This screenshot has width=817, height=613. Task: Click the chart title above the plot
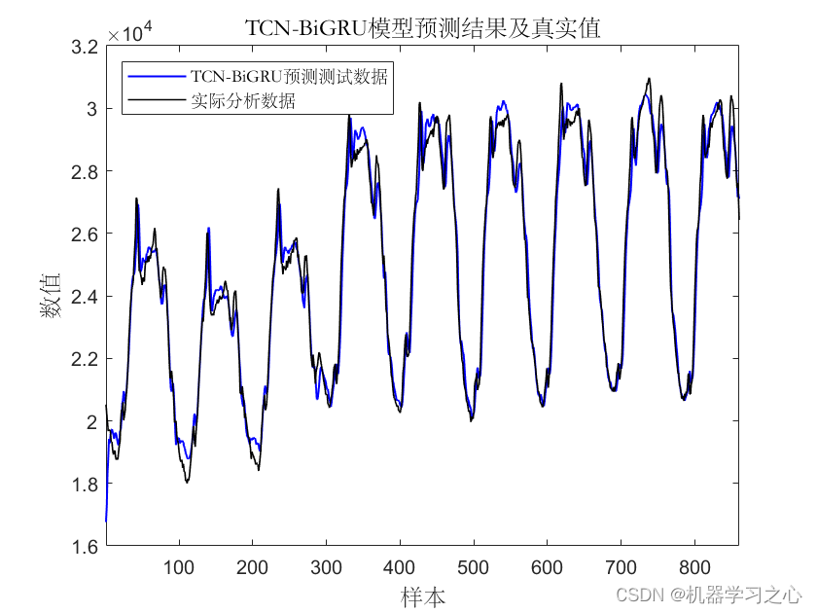point(422,27)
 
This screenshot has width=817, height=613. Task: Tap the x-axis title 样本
point(422,595)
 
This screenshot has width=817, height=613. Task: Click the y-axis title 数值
point(51,295)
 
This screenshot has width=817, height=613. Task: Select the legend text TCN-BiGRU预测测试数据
point(289,77)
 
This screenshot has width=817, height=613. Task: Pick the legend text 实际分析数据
point(243,100)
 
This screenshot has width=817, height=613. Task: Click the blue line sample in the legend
point(157,77)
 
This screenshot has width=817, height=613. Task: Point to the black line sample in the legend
point(157,99)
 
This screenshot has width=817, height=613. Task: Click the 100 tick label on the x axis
point(179,567)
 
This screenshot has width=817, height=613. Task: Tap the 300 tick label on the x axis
point(326,567)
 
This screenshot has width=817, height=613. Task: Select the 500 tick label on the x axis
point(473,567)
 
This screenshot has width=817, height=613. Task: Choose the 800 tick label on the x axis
point(694,567)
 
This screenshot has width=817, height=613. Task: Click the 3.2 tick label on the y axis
point(85,47)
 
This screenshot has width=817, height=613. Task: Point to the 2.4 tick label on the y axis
point(85,297)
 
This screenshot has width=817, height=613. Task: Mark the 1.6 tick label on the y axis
point(85,547)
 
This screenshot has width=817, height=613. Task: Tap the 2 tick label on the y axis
point(91,421)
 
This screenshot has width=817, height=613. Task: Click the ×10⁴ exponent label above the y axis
point(130,32)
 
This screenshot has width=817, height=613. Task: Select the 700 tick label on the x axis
point(622,567)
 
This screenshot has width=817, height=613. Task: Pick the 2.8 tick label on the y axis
point(85,171)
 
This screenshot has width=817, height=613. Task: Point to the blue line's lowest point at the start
point(106,521)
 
